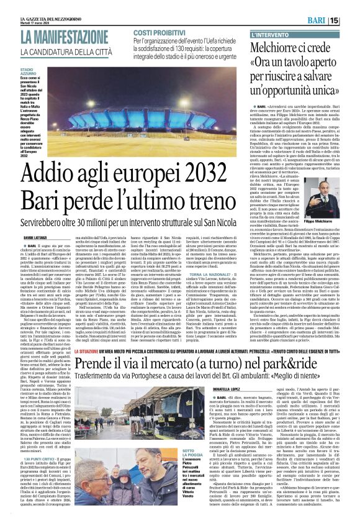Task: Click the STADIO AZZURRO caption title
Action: click(x=31, y=73)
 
